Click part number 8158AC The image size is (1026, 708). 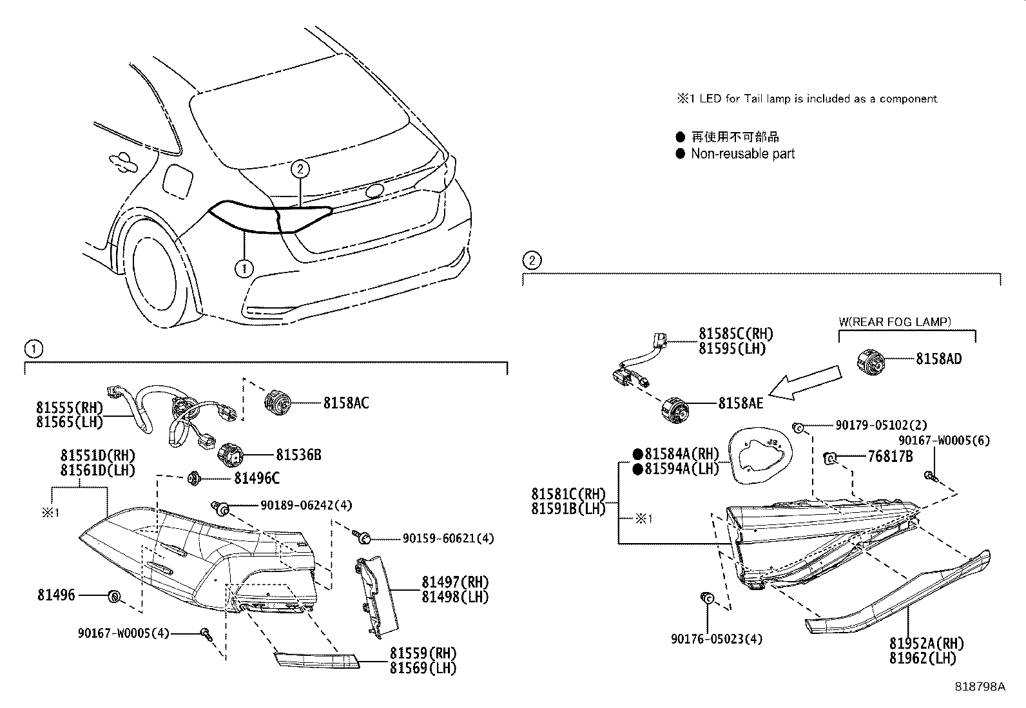point(345,403)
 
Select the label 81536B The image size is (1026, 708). point(298,455)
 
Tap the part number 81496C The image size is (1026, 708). point(256,478)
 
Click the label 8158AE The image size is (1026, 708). point(740,403)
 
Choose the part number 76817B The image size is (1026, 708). point(890,456)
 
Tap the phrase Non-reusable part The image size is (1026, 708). point(742,154)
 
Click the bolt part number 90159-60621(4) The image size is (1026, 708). point(448,538)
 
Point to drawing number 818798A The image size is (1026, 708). point(980,686)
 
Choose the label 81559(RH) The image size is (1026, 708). point(423,653)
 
